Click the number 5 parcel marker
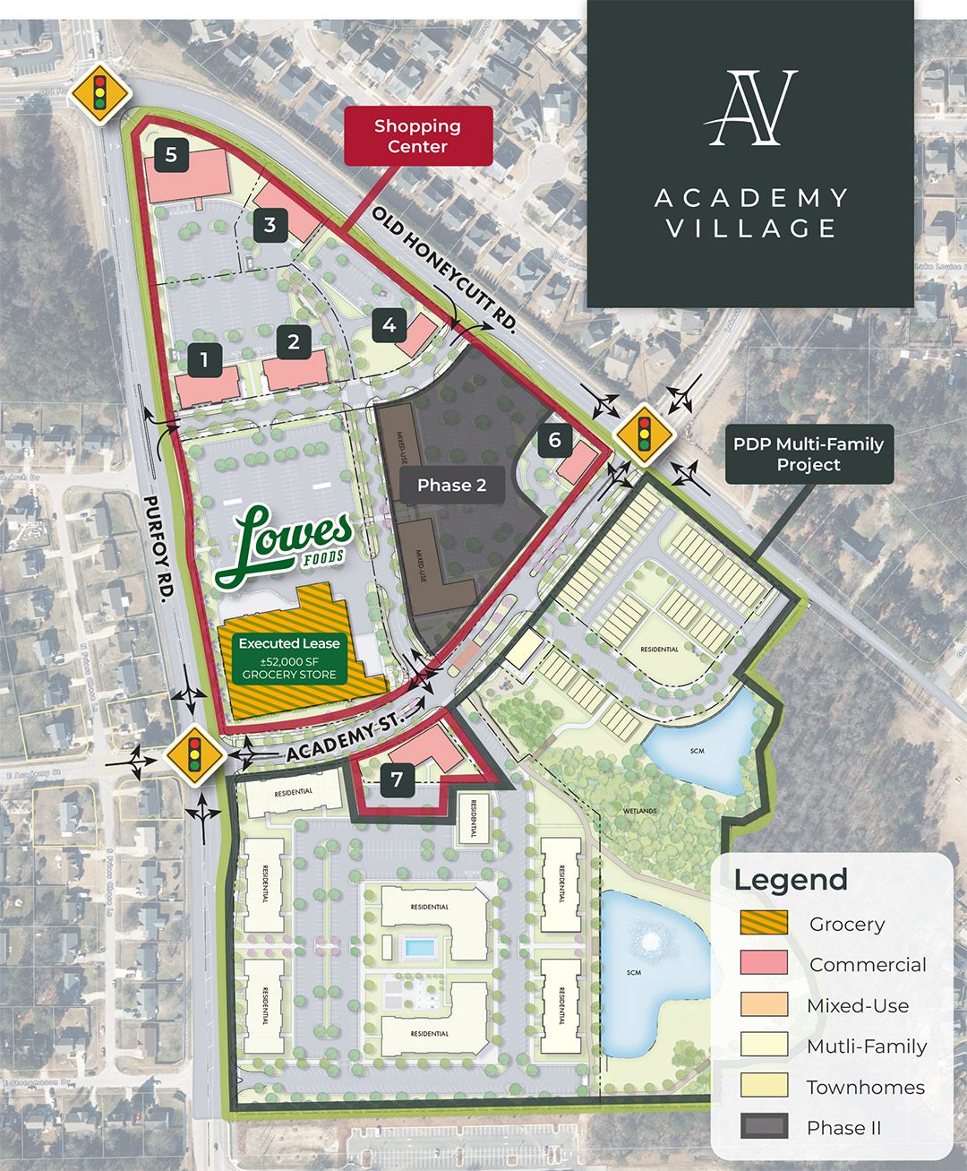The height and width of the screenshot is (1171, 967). [170, 155]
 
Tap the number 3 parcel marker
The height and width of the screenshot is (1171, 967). [270, 225]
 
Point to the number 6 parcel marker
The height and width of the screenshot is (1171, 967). [555, 440]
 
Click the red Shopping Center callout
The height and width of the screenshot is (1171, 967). [418, 136]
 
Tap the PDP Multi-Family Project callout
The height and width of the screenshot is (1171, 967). [809, 454]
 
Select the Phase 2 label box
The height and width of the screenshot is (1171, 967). [451, 486]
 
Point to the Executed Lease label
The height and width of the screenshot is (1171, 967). [289, 643]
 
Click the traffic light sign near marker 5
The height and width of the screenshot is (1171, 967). [100, 92]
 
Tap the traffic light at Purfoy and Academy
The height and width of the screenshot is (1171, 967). [194, 756]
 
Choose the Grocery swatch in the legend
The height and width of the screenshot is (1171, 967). [764, 923]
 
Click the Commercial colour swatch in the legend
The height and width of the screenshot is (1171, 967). [764, 964]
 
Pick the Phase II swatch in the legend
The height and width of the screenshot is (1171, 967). [764, 1127]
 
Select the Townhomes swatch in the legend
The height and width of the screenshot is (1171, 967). [764, 1086]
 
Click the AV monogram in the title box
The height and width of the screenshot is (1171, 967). [750, 108]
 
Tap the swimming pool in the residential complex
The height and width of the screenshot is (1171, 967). [417, 947]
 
